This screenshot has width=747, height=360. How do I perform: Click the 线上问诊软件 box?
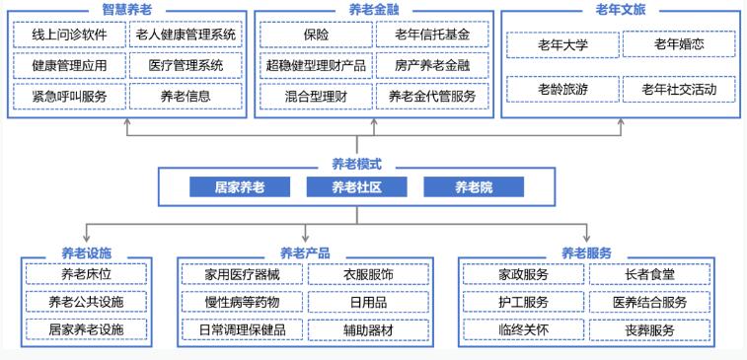point(69,36)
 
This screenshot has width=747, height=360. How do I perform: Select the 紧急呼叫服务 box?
point(69,97)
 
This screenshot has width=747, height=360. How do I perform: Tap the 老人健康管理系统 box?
point(185,36)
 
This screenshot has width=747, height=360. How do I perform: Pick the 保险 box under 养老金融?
point(316,36)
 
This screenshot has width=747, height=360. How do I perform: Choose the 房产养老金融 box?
point(431,66)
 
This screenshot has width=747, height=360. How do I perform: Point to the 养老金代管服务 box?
point(431,97)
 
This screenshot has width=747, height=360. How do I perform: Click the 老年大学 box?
point(562,44)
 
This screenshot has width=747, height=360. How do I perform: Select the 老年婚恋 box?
point(679,44)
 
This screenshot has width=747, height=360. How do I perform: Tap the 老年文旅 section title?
point(621,9)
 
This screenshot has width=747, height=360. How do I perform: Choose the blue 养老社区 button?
point(356,186)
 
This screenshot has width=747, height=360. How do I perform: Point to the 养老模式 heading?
point(356,165)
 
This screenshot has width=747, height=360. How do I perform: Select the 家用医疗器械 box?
point(242,274)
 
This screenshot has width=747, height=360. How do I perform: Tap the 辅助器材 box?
point(368,329)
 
